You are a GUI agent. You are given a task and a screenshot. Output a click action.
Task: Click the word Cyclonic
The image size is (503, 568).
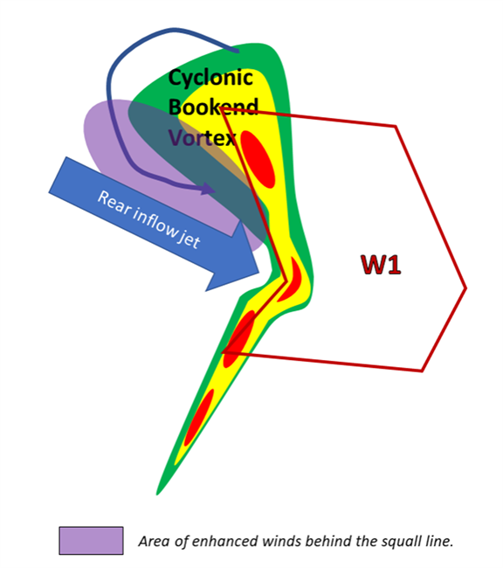tap(210, 79)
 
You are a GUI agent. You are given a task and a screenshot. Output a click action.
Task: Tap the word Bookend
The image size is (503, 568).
tap(213, 107)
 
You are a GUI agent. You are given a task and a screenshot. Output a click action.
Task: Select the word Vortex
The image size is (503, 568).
tap(203, 138)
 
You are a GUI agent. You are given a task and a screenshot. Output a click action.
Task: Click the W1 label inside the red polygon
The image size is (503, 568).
tap(381, 265)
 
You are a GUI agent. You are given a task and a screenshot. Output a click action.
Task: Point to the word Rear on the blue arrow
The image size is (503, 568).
tap(114, 204)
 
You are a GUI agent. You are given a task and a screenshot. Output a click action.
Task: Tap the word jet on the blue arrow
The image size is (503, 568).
tap(189, 240)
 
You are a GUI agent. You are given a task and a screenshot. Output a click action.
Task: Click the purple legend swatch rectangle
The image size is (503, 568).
tap(92, 540)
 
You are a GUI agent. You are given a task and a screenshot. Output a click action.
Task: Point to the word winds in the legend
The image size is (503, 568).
tap(283, 541)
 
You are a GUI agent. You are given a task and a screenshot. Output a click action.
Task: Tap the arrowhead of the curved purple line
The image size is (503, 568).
tap(208, 189)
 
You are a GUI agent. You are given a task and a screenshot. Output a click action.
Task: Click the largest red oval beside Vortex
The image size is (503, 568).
tap(258, 159)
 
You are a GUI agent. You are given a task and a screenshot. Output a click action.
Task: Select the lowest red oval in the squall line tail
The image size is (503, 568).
tap(199, 418)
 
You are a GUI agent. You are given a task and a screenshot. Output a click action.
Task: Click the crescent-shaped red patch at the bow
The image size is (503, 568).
tap(293, 280)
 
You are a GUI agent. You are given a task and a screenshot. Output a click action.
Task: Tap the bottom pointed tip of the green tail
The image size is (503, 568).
tap(157, 494)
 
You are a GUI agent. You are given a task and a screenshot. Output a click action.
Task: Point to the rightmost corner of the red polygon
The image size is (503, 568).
tap(465, 288)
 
